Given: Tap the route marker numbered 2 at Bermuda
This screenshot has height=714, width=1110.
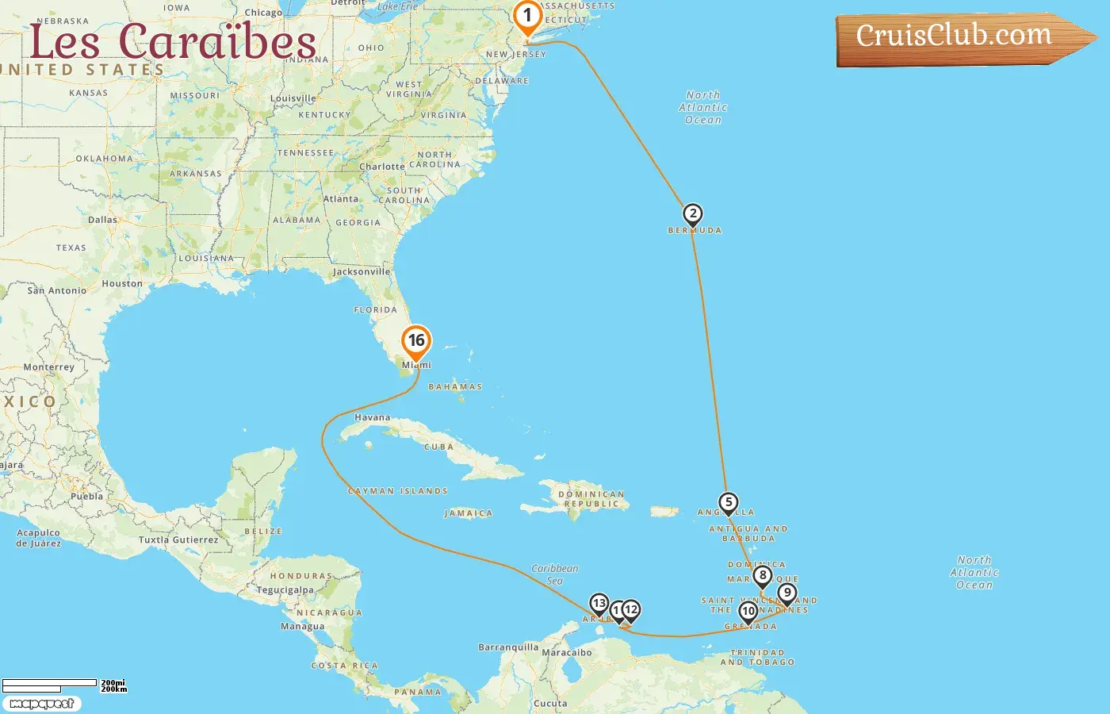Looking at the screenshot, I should pos(692,214).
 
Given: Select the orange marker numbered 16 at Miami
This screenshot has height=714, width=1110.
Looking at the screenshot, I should pos(416,341).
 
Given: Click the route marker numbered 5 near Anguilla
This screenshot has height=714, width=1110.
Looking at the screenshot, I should pos(728,502).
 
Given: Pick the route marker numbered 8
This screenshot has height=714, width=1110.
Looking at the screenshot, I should pos(762,576).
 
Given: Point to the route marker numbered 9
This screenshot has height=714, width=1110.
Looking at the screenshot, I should pos(787,593).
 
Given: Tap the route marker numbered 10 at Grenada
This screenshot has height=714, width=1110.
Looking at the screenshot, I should pos(748,612).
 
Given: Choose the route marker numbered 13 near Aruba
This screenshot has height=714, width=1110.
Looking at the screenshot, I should pos(599,604).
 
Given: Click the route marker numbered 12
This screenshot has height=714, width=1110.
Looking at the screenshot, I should pos(631,610).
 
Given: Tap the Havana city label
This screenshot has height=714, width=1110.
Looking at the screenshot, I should pos(372,417).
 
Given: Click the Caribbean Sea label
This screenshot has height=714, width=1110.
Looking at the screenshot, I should pos(555,574).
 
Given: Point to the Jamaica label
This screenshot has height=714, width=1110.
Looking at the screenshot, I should pos(469,513).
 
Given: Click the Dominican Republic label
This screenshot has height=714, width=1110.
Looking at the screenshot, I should pos(591,499).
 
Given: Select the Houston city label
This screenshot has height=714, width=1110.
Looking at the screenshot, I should pos(122,284).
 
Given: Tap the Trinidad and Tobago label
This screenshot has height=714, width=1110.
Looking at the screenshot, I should pos(757,657).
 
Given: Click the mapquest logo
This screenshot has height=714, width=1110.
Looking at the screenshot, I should pos(41,704).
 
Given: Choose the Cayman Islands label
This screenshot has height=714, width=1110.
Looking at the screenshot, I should pos(398,491).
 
